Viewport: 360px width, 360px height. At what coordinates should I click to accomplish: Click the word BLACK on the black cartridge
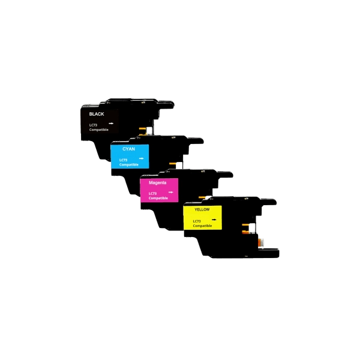coord(97,114)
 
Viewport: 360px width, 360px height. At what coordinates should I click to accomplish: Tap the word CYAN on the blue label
coord(128,149)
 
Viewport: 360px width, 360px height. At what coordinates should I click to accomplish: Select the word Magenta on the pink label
coord(157,183)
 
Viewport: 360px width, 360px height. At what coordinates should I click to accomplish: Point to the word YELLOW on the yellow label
coord(202,209)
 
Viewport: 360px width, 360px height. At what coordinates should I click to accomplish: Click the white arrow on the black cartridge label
coord(111,124)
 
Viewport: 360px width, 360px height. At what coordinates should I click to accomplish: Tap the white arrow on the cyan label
coord(141,158)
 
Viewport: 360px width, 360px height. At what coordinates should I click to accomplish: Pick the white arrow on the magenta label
coord(170,192)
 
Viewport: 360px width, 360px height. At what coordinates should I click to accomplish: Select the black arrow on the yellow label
coord(214,220)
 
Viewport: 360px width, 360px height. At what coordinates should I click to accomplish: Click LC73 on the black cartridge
coord(93,125)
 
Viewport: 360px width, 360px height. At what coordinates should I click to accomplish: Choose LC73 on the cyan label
coord(123,160)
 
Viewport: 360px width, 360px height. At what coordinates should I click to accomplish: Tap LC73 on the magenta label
coord(152,194)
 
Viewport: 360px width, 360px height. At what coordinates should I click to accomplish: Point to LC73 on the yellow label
coord(197,221)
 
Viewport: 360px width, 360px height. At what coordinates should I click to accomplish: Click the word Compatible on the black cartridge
coord(99,130)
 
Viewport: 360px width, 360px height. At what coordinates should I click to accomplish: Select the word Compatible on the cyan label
coord(129,165)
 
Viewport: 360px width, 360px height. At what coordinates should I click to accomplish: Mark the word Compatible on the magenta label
coord(158,198)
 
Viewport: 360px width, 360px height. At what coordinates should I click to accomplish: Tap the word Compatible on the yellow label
coord(202,226)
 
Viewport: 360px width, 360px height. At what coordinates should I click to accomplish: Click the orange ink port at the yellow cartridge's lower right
coord(260,243)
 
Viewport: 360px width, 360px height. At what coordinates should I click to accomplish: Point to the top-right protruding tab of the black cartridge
coord(166,104)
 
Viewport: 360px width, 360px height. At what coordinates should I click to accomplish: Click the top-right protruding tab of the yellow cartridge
coord(268,202)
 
